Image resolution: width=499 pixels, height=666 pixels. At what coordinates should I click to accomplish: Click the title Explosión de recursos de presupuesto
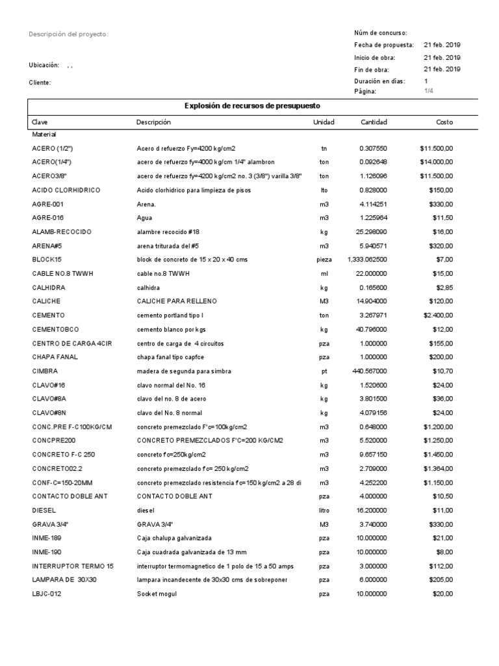tap(252, 105)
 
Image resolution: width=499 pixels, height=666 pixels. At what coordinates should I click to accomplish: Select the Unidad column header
tap(324, 122)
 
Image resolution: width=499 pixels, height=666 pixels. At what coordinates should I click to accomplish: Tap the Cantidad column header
tap(374, 122)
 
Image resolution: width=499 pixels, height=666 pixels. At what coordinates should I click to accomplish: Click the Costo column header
tap(444, 122)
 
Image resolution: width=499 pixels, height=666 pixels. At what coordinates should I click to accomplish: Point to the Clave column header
tap(40, 122)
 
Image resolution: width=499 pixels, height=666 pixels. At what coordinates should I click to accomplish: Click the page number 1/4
tap(428, 91)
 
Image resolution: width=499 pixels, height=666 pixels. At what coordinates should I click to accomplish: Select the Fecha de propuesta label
tap(384, 45)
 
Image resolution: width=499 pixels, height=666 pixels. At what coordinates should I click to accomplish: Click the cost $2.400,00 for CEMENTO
tap(436, 315)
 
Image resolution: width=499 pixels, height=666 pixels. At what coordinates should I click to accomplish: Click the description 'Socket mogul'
tap(157, 594)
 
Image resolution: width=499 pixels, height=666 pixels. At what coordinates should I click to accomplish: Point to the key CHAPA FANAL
tap(55, 357)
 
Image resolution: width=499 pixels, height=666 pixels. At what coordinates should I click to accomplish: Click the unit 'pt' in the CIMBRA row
tap(324, 371)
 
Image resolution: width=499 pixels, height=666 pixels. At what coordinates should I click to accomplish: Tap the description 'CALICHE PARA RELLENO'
tap(176, 302)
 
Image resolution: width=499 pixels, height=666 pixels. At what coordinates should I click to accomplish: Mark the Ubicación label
tap(44, 65)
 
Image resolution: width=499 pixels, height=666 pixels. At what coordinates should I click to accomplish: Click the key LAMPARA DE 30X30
tap(64, 580)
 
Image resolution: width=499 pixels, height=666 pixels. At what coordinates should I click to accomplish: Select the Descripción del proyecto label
tap(68, 34)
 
